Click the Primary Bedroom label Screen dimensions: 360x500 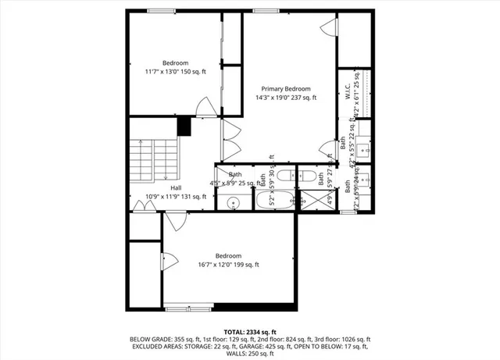(286, 89)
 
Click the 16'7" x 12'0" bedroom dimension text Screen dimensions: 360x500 (228, 265)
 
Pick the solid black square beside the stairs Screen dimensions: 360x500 (185, 126)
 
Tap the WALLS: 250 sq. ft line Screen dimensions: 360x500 (249, 354)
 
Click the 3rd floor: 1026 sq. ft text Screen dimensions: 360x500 (341, 340)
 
